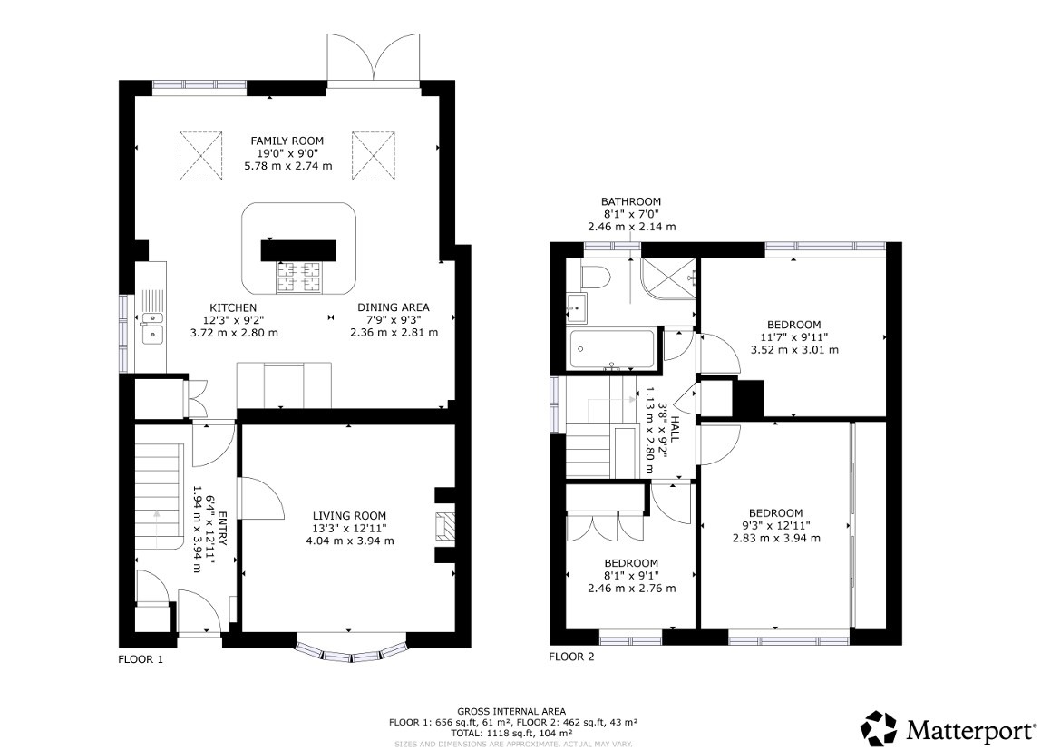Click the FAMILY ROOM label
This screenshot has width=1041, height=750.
[287, 141]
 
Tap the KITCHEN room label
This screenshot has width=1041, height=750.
[233, 307]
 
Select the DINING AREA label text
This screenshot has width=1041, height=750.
[394, 307]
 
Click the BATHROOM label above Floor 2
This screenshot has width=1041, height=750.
[631, 201]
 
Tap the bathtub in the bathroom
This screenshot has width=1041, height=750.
[611, 349]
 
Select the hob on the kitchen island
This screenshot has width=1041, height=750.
[300, 277]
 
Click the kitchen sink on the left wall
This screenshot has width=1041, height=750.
[151, 326]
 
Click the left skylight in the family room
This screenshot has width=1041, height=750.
[200, 155]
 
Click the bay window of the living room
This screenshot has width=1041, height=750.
[351, 652]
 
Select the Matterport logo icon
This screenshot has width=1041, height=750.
[878, 728]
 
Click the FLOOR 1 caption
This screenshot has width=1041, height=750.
[141, 659]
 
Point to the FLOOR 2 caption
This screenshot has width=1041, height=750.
[571, 657]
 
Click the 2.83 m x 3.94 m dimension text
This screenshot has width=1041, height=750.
[776, 538]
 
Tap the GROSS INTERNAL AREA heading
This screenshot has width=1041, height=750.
[512, 711]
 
